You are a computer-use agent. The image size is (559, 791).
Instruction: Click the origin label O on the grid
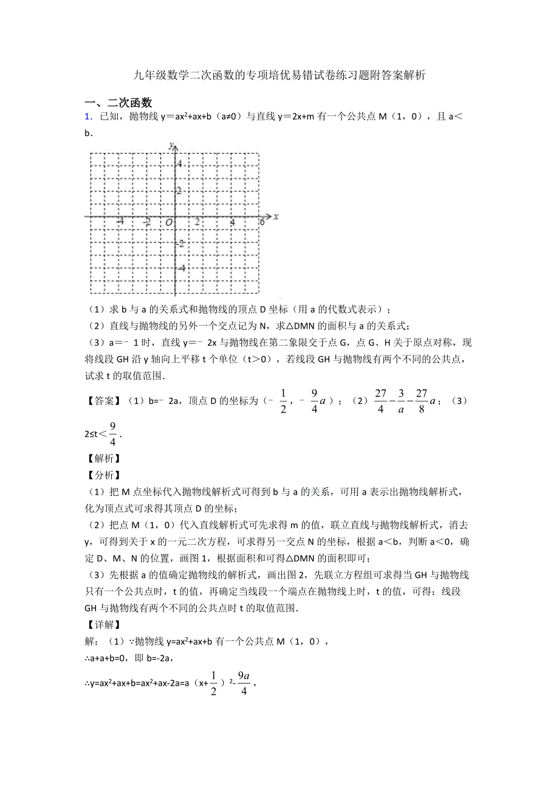click(x=167, y=224)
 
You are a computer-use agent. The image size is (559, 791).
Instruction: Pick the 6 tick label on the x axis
click(x=262, y=223)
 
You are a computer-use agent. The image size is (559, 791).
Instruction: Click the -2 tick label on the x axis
click(x=146, y=223)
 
